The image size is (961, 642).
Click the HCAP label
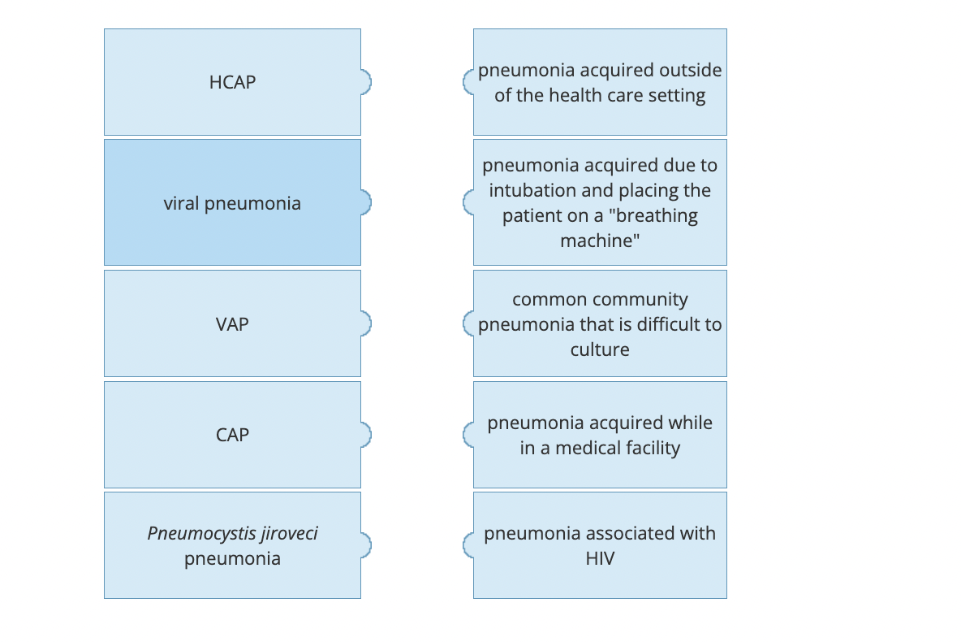(232, 82)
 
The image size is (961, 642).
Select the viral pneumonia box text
(232, 202)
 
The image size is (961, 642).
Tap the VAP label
(232, 323)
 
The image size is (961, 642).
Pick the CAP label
(232, 435)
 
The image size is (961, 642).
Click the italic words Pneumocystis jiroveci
(232, 533)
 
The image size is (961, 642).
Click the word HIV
(600, 559)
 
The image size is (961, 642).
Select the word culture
(600, 349)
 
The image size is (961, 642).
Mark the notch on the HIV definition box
(468, 545)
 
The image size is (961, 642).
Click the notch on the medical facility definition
(468, 435)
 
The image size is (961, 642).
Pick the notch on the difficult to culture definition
(468, 323)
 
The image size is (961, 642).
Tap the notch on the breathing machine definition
(468, 202)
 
